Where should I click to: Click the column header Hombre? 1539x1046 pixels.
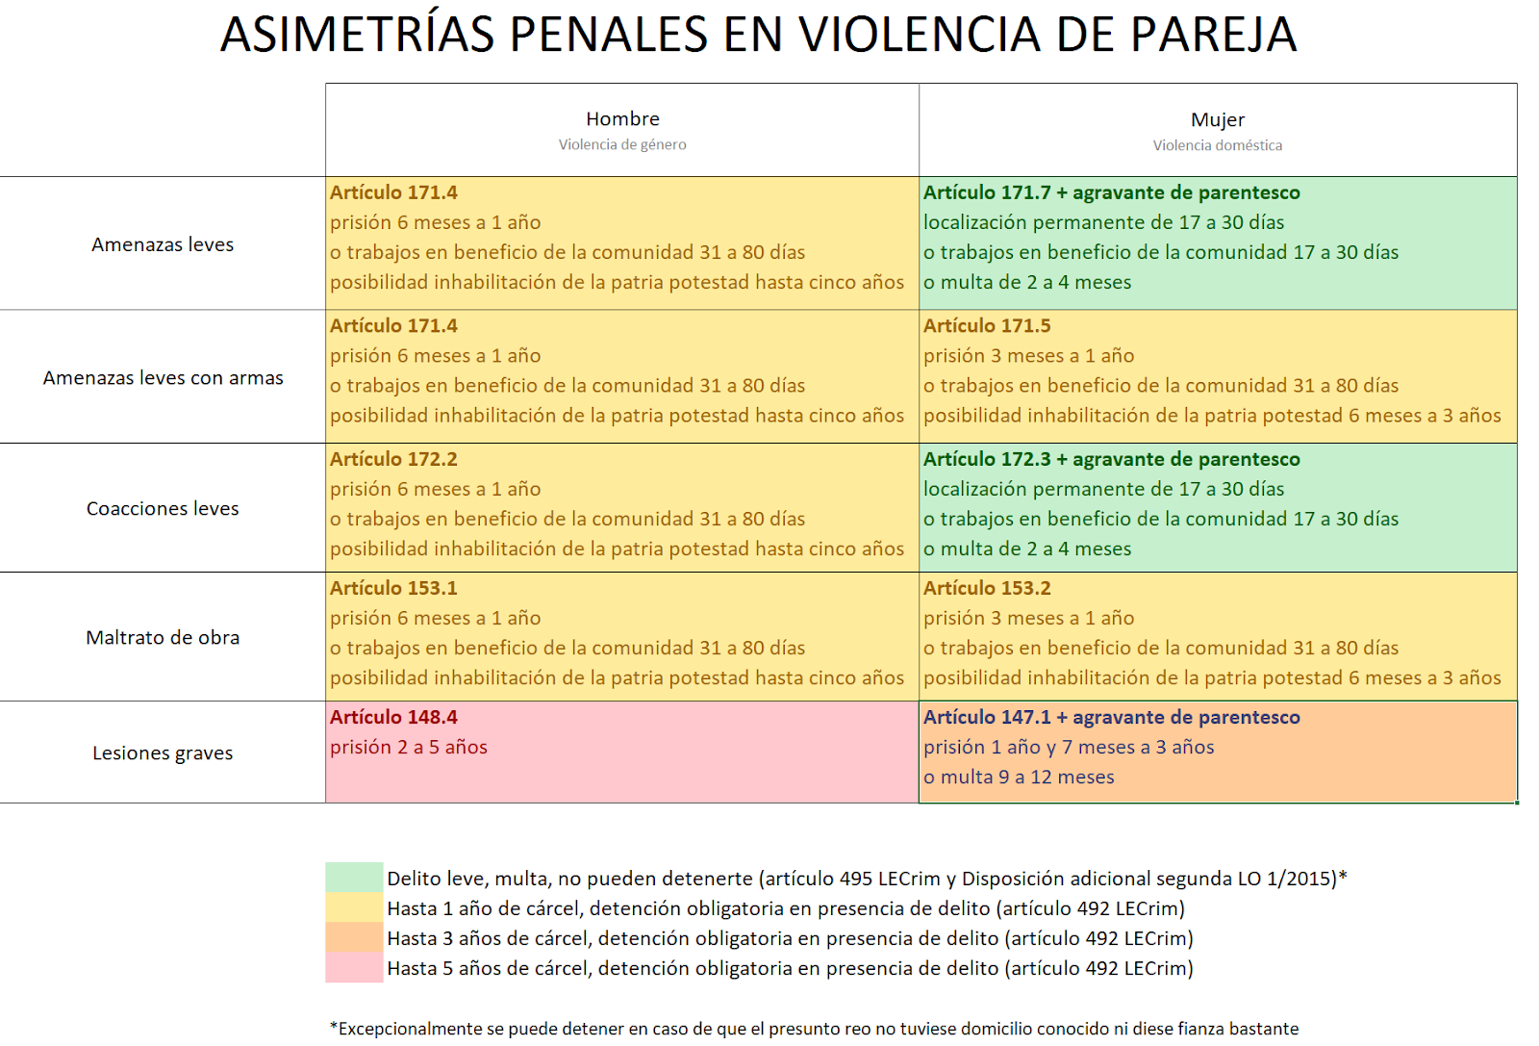coord(622,119)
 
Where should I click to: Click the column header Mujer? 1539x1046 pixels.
coord(1217,120)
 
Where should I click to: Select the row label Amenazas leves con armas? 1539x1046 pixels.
coord(163,378)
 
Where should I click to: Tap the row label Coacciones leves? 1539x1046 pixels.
coord(163,509)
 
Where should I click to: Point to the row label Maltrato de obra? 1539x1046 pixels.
coord(163,638)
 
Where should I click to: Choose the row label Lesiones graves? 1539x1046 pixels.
coord(163,753)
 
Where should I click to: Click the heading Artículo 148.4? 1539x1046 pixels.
coord(393,717)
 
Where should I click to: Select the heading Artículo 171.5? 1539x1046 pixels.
coord(987,326)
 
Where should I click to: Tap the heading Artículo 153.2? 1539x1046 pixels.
coord(987,588)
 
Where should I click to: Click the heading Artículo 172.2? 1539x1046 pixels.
coord(393,459)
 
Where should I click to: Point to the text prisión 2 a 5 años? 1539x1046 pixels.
coord(409,747)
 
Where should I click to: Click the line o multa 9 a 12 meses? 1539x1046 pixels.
coord(1019,777)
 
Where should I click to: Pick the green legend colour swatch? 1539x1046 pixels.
coord(354,878)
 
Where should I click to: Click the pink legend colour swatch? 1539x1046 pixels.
coord(354,968)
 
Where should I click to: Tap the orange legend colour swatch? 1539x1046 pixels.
coord(354,938)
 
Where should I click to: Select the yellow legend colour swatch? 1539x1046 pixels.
coord(354,907)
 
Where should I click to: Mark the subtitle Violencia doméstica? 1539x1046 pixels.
coord(1217,145)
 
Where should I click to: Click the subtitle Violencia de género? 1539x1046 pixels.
coord(622,144)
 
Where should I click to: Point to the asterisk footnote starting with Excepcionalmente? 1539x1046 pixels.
coord(814,1029)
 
